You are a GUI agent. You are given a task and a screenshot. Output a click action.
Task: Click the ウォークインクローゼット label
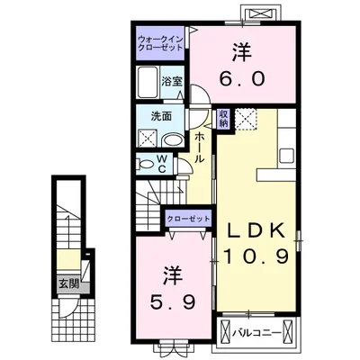tap(160, 43)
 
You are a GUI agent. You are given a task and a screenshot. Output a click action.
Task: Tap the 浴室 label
tap(172, 82)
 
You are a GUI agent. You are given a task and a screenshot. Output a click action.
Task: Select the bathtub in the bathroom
tap(148, 82)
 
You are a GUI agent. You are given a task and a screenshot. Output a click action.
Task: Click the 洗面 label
tap(161, 116)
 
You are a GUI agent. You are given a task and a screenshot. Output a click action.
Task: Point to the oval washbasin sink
tap(172, 140)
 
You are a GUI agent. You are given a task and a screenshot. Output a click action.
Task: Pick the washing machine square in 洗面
tap(147, 139)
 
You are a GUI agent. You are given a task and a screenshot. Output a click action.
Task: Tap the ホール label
tap(200, 148)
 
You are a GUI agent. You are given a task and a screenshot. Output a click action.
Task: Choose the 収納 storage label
tap(223, 119)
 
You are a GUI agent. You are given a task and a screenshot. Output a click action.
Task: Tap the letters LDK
tap(256, 230)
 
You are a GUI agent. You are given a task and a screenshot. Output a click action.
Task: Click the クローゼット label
tap(188, 219)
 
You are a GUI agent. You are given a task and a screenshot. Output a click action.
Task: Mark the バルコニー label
tap(256, 333)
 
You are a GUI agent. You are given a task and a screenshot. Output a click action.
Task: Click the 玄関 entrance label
tap(68, 284)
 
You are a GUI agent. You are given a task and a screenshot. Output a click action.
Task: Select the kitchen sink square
tap(287, 156)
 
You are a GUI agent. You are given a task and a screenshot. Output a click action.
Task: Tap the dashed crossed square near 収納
tap(246, 119)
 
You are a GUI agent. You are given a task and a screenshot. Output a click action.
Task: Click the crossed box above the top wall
tap(261, 14)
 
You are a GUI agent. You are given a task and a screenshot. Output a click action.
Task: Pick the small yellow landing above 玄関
tap(68, 260)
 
